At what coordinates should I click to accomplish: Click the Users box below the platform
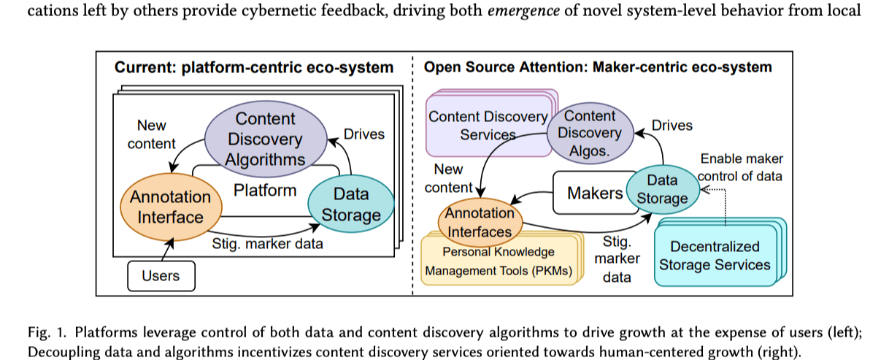point(161,275)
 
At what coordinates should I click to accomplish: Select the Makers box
point(596,194)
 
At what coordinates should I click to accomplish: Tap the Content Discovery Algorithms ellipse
point(265,139)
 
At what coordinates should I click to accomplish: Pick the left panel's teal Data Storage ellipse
point(350,204)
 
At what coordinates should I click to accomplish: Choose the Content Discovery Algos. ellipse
point(590,133)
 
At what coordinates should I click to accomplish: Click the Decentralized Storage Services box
point(715,256)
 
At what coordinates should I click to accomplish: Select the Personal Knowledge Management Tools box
point(498,262)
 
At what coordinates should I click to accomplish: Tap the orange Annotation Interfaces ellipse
point(480,222)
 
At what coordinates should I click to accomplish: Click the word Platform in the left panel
point(265,191)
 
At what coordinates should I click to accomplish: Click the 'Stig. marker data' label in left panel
point(266,245)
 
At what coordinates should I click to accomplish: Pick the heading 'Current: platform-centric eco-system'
point(253,68)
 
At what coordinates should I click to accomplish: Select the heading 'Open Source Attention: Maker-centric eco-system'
point(598,68)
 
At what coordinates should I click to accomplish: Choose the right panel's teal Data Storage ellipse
point(663,188)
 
